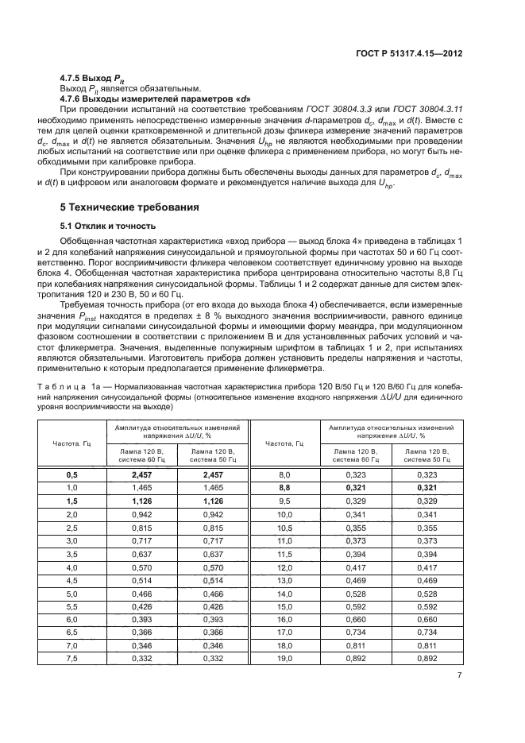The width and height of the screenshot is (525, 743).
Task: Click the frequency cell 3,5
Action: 70,554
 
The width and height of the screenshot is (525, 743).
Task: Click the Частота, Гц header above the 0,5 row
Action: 70,443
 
